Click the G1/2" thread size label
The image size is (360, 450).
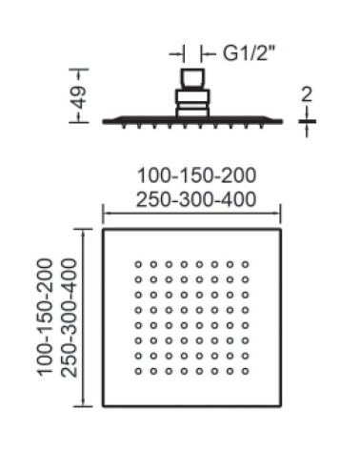248,53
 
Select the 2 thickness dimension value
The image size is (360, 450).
307,94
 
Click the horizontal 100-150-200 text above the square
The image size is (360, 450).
196,175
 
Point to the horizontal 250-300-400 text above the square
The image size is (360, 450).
196,199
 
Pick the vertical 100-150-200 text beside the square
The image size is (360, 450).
45,317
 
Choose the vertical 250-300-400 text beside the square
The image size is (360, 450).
69,317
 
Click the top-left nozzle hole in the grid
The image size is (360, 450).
138,264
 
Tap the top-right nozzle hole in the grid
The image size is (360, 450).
245,264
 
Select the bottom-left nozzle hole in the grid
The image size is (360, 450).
138,371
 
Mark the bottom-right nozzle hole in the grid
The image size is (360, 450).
245,371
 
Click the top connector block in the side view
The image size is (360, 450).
192,77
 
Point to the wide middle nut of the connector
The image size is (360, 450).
192,96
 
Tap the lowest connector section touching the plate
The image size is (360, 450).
192,112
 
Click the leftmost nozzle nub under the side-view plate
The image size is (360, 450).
123,126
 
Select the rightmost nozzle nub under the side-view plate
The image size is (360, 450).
262,126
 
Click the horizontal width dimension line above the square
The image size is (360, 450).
191,214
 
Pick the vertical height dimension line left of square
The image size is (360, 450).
83,317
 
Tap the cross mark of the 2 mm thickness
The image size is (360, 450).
307,121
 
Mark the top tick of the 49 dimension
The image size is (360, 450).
79,69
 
